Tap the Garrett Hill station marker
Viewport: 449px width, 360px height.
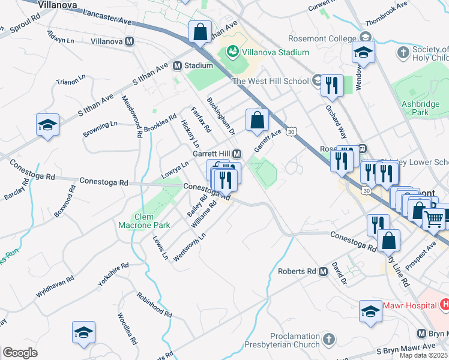(237, 154)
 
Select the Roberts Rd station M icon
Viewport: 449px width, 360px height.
(323, 271)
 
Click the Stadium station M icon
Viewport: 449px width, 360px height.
(178, 65)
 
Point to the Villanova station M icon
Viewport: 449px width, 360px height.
(129, 41)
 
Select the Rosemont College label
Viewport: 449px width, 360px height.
(322, 38)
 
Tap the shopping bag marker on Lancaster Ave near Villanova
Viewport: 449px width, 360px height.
(200, 32)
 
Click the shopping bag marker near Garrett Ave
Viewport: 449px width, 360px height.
(257, 119)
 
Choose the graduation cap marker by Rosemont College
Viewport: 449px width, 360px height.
(363, 52)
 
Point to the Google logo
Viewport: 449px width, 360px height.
(20, 353)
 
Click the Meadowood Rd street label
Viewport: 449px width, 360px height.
(131, 116)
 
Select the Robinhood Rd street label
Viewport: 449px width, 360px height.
(154, 305)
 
